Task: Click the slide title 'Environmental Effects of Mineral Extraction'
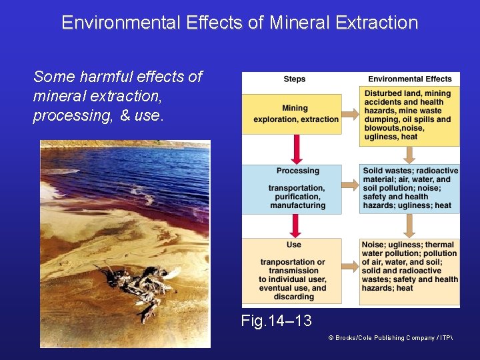click(x=239, y=23)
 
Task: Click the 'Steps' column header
click(x=295, y=79)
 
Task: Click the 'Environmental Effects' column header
click(x=409, y=79)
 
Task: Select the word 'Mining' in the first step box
click(x=295, y=108)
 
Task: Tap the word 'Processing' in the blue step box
click(x=297, y=171)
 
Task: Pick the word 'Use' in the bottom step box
click(x=294, y=245)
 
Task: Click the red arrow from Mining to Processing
click(x=294, y=149)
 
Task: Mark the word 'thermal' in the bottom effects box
click(x=439, y=245)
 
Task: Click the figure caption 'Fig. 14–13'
click(x=276, y=321)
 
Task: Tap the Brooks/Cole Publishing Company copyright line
click(x=390, y=338)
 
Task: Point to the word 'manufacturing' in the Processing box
click(x=297, y=206)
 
